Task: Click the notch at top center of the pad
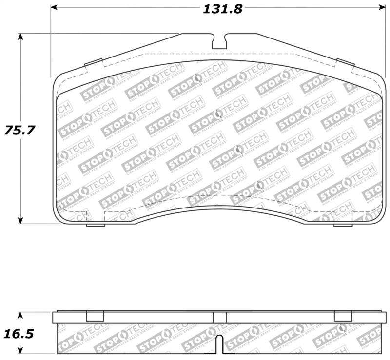click(x=219, y=41)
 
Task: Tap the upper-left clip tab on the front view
click(x=93, y=63)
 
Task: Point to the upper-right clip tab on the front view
click(x=345, y=63)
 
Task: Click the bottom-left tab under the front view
click(x=96, y=225)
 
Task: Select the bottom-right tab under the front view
click(x=343, y=225)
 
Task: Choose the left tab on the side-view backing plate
click(x=95, y=316)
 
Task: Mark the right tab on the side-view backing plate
click(x=343, y=316)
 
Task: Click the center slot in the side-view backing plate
click(x=219, y=317)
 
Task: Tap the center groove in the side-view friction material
click(x=219, y=344)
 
